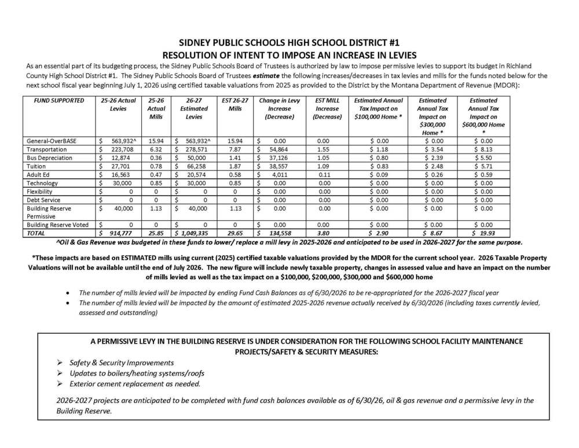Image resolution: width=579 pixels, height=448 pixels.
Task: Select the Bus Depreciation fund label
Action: [x=50, y=158]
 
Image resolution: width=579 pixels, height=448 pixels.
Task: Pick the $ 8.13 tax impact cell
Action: [x=484, y=149]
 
